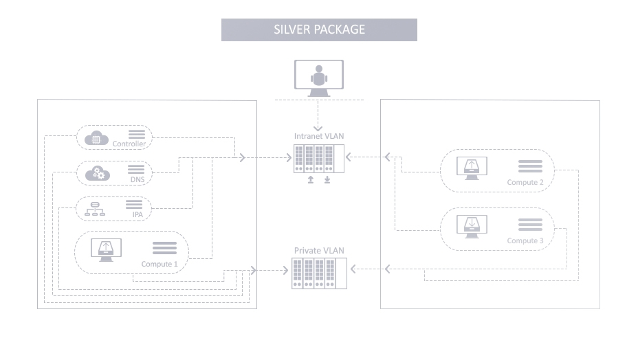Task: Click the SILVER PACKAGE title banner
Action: (319, 30)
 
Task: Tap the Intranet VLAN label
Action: (319, 136)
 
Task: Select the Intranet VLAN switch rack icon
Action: (318, 158)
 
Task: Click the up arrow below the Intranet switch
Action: (310, 180)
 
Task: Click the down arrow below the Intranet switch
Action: (327, 180)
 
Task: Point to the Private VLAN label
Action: (319, 251)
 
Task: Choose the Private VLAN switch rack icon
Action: (319, 273)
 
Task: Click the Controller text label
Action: (129, 144)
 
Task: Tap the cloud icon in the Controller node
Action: (96, 138)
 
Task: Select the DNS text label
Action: (136, 180)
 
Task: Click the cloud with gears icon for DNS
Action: (96, 174)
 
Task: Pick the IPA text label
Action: (137, 214)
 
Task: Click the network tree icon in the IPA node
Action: (95, 209)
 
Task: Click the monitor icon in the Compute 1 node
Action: (106, 251)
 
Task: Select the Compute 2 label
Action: (525, 182)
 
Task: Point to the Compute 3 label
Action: (525, 240)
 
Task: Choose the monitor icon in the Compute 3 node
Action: (472, 227)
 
